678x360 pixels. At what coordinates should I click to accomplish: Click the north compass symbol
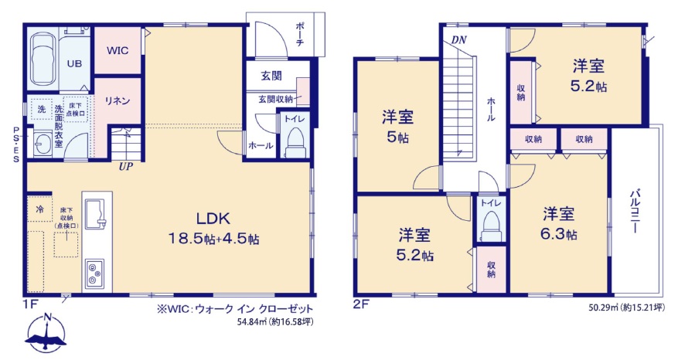coord(46,334)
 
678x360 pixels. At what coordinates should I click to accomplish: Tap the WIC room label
coord(118,50)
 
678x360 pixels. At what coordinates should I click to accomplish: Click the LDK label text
coord(213,219)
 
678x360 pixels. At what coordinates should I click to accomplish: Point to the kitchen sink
coord(96,213)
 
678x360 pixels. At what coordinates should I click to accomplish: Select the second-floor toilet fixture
coord(491,226)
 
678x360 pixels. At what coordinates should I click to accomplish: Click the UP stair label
coord(126,166)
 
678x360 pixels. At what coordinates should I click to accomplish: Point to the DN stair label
coord(458,40)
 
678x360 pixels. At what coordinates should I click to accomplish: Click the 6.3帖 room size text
coord(558,234)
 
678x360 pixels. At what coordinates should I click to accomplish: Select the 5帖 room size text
coord(397,138)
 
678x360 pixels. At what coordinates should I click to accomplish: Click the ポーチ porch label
coord(300,34)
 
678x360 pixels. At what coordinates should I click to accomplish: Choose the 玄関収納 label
coord(276,100)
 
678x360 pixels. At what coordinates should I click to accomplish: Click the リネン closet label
coord(118,100)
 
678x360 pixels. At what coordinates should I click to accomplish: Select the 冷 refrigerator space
coord(39,209)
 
